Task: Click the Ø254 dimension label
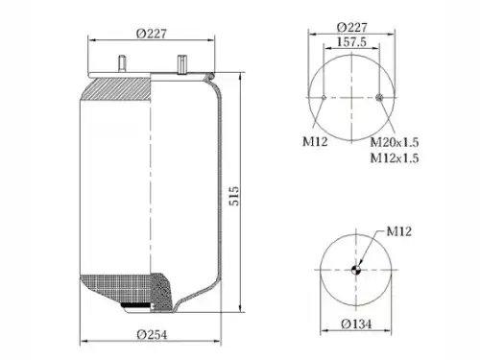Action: coord(152,335)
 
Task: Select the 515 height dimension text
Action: coord(234,196)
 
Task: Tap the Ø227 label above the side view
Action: coord(152,34)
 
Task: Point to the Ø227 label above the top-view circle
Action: coord(351,27)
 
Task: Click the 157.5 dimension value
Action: coord(351,41)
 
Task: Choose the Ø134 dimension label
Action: coord(356,324)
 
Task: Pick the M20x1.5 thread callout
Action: coord(395,142)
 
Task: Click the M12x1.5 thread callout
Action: coord(395,157)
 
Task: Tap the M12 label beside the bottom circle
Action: coord(399,231)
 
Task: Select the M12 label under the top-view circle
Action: coord(315,141)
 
